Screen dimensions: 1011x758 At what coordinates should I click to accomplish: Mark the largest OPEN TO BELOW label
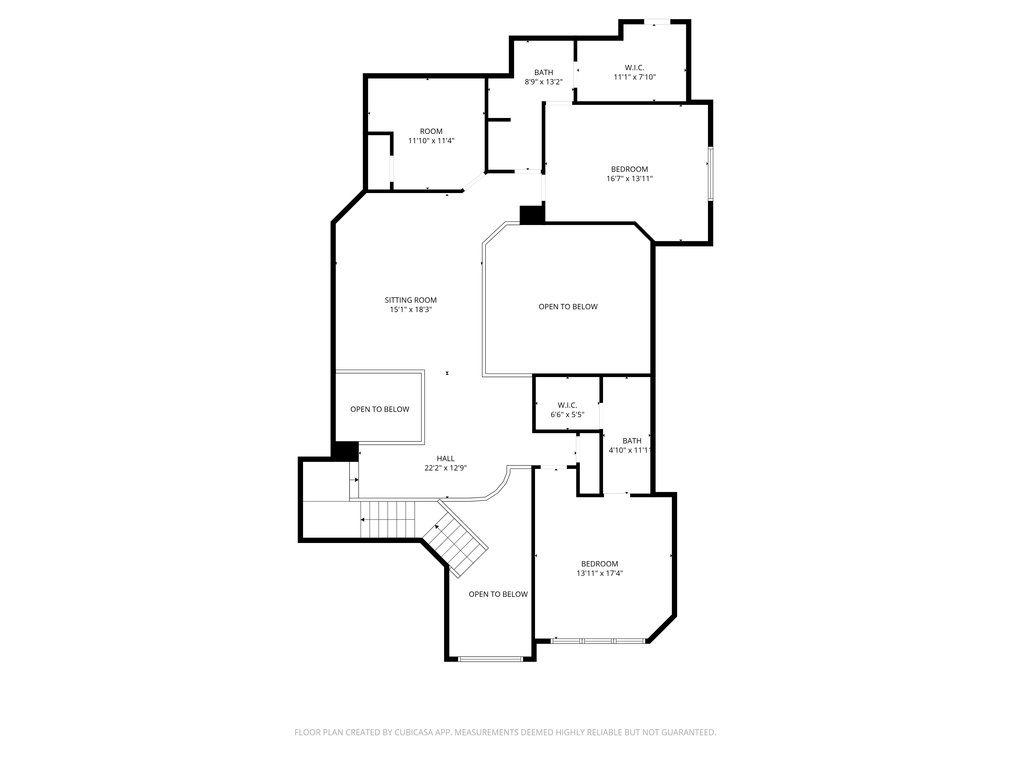(x=568, y=306)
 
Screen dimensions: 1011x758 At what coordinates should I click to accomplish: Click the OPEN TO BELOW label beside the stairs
(x=498, y=594)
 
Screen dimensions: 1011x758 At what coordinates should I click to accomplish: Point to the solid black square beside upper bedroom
(x=532, y=215)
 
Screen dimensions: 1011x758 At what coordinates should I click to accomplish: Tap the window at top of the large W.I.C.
(x=657, y=21)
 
